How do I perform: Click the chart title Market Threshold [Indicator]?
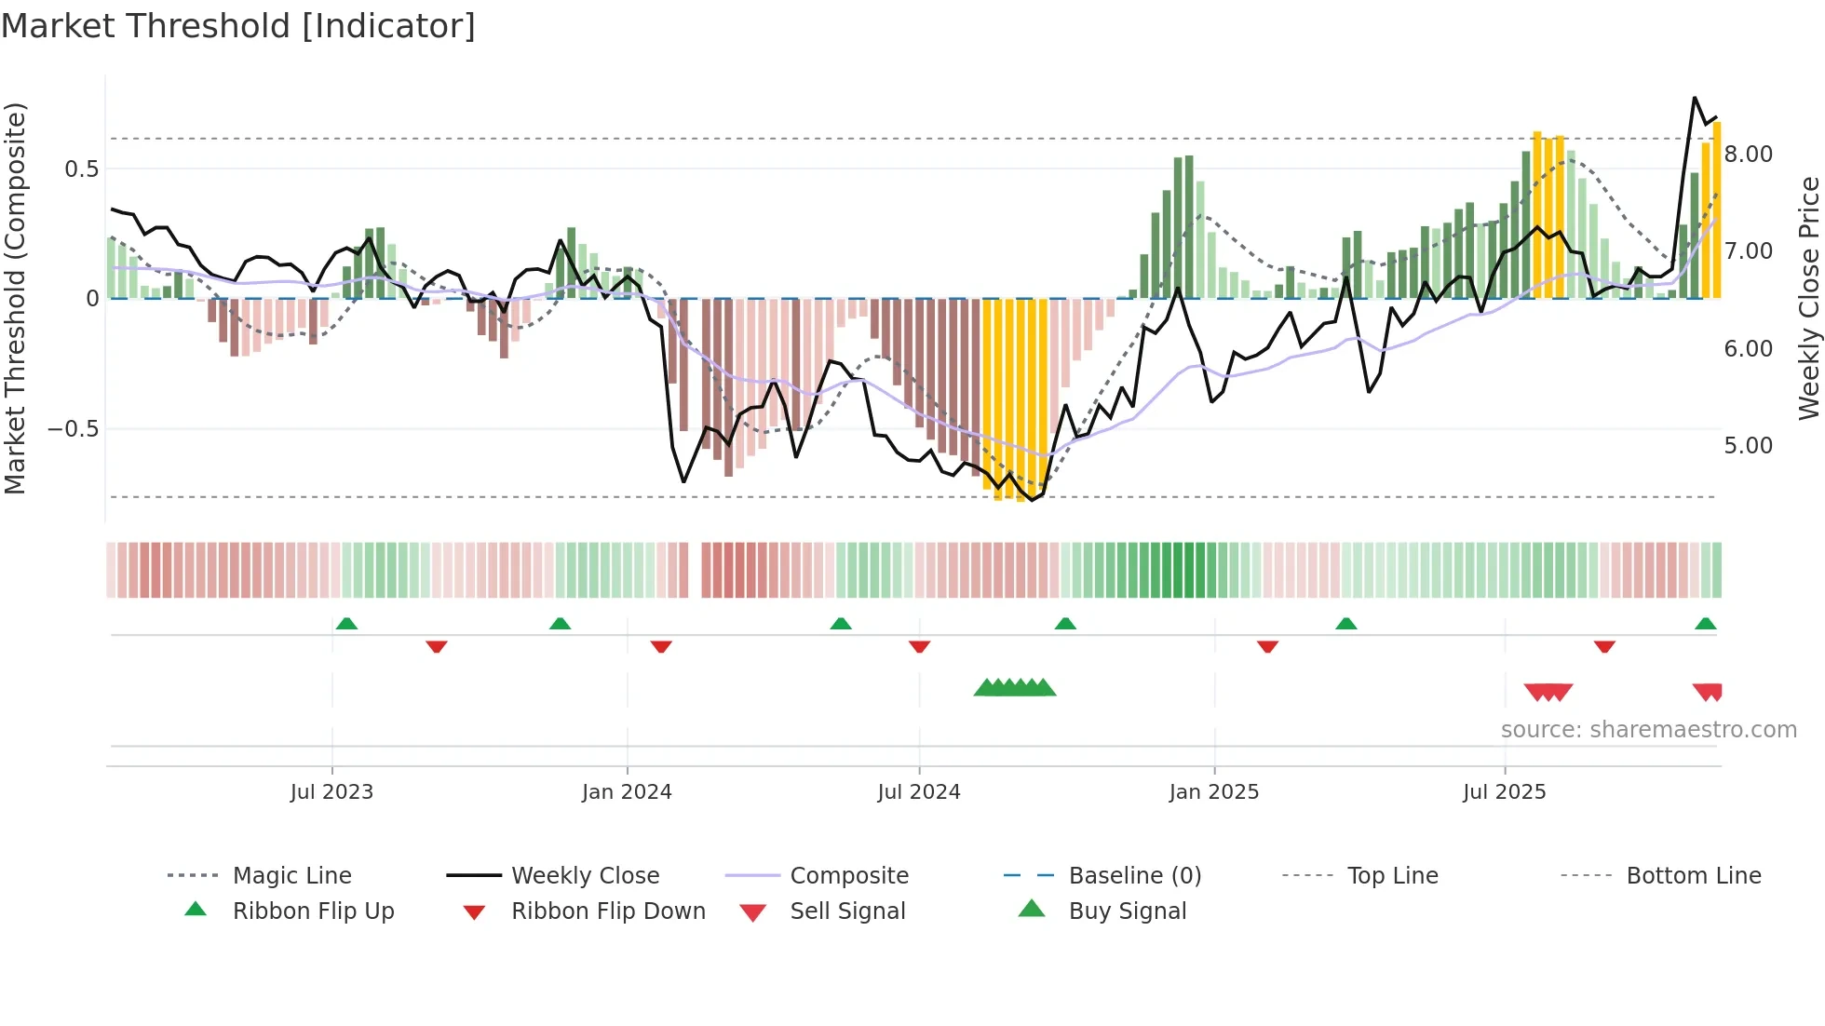(x=238, y=26)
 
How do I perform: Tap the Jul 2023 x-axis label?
(x=331, y=792)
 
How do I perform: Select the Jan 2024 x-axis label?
(x=627, y=792)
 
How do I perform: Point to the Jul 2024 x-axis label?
(x=919, y=792)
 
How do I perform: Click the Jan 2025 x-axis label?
(x=1214, y=792)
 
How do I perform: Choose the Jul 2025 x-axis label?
(x=1505, y=792)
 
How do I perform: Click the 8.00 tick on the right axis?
(x=1748, y=155)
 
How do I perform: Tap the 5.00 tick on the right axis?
(x=1748, y=446)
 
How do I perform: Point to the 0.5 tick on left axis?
(x=81, y=169)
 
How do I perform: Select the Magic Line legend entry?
(x=291, y=876)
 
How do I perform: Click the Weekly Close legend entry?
(x=585, y=876)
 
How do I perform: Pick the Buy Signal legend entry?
(x=1127, y=911)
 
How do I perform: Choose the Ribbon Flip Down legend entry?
(x=608, y=911)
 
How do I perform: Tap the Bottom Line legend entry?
(x=1693, y=876)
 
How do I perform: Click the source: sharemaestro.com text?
(x=1648, y=730)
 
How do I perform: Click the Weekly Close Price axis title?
(x=1808, y=298)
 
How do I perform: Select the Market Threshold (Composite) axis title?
(x=15, y=298)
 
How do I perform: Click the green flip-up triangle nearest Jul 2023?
(x=346, y=623)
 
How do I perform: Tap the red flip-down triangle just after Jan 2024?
(x=661, y=646)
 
